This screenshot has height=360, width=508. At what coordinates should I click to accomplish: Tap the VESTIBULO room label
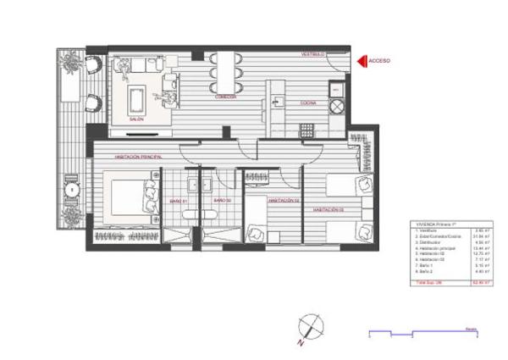click(313, 54)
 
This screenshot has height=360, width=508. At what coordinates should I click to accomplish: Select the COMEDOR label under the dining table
click(224, 97)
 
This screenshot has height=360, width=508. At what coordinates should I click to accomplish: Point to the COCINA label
click(307, 103)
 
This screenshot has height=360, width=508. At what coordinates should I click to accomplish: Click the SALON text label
click(135, 119)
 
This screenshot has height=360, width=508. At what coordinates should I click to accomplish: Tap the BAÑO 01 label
click(177, 201)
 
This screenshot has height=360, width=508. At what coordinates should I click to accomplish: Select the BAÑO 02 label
click(222, 201)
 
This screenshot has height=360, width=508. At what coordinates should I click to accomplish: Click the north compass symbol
click(310, 325)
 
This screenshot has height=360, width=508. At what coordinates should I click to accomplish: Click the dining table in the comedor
click(224, 72)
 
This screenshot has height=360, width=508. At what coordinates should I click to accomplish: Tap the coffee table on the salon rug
click(136, 99)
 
